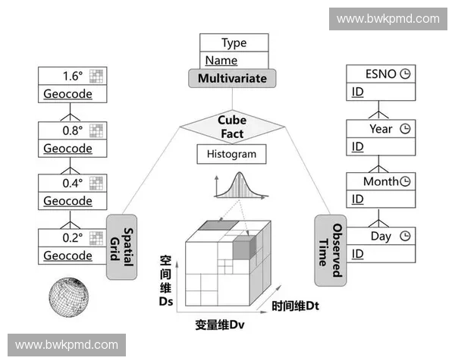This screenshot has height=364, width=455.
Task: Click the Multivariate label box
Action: [x=232, y=78]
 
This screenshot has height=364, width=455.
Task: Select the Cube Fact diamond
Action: [x=232, y=127]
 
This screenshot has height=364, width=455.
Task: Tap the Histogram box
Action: [x=232, y=154]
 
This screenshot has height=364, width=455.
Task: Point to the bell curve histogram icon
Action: [x=232, y=186]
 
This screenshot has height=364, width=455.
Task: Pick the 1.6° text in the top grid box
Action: [x=72, y=76]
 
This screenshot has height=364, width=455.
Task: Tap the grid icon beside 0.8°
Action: [x=96, y=130]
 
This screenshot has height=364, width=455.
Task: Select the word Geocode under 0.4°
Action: [x=67, y=201]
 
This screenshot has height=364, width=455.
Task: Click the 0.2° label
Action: [x=72, y=237]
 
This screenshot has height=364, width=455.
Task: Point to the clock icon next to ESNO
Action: [x=405, y=74]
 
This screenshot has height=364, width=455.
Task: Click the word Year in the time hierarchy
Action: [x=381, y=129]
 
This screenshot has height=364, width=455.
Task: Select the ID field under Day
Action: [x=358, y=253]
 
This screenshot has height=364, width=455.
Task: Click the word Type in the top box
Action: [x=234, y=43]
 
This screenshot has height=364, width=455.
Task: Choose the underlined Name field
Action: [x=221, y=61]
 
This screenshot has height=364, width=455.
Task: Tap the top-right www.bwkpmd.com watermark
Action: [x=388, y=18]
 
